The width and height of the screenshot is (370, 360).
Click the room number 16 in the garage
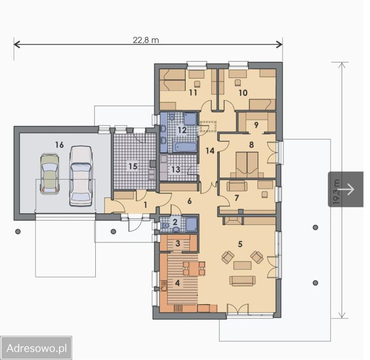click(x=60, y=145)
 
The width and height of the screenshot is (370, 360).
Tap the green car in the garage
click(x=49, y=174)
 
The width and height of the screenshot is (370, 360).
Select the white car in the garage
click(x=81, y=176)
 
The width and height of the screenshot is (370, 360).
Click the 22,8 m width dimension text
click(x=146, y=40)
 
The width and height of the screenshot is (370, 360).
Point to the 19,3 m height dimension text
click(x=337, y=192)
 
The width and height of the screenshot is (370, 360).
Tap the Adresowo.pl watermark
click(x=37, y=348)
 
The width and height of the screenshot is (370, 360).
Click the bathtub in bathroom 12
click(x=185, y=147)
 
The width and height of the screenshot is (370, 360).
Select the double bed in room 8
click(x=247, y=165)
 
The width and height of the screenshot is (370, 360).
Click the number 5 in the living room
click(x=240, y=244)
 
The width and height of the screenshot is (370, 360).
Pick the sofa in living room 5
click(x=242, y=280)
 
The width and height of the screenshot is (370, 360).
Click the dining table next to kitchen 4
click(x=194, y=268)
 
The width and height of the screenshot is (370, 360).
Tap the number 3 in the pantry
click(x=178, y=243)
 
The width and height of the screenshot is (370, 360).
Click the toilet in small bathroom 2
click(x=166, y=226)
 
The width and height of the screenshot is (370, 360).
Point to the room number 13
click(x=176, y=169)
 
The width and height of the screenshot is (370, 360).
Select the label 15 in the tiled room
click(x=133, y=166)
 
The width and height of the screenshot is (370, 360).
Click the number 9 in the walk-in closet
click(x=256, y=125)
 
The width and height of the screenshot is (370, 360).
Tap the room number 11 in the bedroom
click(x=193, y=93)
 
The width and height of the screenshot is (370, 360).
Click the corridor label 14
click(x=210, y=150)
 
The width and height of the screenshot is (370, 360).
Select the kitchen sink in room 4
click(x=164, y=286)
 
